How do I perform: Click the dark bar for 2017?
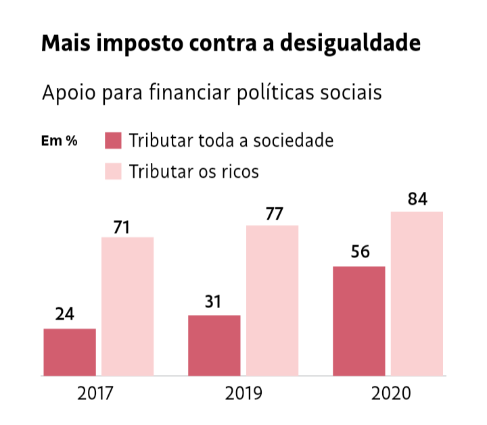(70, 351)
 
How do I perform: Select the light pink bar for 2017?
(128, 305)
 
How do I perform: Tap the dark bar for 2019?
(214, 345)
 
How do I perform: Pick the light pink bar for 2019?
(273, 299)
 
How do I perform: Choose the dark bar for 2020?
(359, 320)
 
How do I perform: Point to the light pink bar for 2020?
(417, 293)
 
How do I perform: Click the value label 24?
(65, 314)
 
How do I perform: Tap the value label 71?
(122, 227)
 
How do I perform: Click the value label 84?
(417, 200)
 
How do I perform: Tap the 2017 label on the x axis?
(95, 393)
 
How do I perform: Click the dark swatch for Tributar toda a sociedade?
(113, 141)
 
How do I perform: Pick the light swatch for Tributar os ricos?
(113, 171)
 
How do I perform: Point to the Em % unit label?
(60, 141)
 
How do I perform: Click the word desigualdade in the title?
(351, 43)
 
